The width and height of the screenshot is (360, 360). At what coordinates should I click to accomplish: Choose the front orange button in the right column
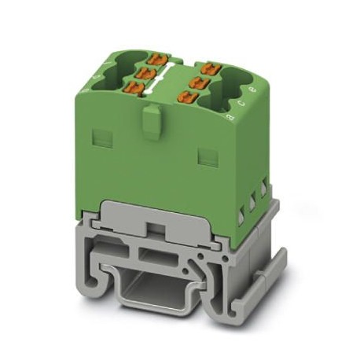(x=189, y=97)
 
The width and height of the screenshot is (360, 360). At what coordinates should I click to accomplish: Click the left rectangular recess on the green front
(x=101, y=138)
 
